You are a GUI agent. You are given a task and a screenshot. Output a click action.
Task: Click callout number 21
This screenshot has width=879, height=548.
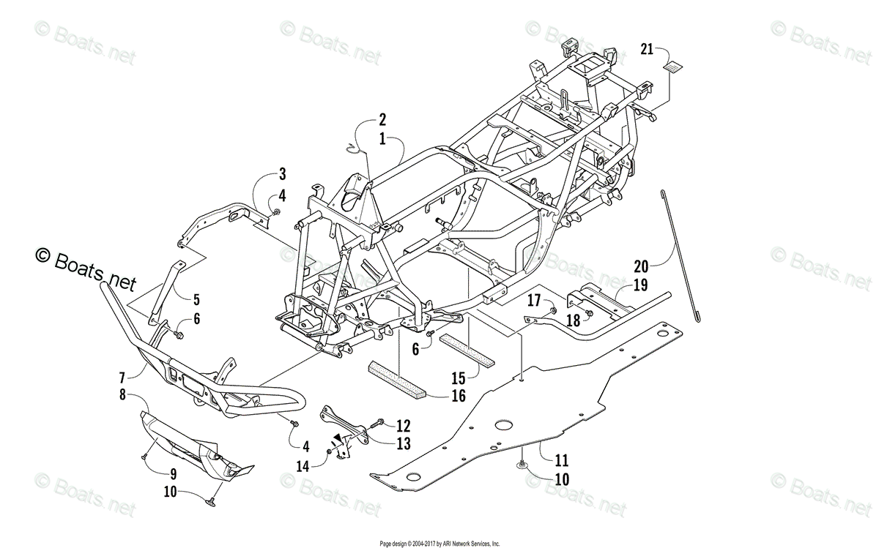pos(646,49)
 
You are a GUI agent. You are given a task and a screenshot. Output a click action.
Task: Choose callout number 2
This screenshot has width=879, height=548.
pos(382,119)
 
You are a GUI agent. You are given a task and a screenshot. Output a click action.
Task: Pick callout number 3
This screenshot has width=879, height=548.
pos(282,174)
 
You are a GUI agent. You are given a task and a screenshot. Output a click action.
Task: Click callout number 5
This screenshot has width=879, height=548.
pos(196,299)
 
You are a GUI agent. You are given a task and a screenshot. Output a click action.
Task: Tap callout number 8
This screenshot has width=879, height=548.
pos(122,395)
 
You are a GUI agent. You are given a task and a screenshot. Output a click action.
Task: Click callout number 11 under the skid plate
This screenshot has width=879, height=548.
pos(561,462)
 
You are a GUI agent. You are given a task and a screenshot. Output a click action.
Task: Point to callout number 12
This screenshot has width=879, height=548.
pos(404,425)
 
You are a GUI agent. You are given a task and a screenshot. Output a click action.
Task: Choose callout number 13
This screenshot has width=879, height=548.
pos(404,443)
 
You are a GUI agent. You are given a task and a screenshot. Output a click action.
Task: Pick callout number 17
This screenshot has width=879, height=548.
pos(533,299)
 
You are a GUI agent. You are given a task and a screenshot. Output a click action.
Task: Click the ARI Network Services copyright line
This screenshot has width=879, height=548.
pos(439,544)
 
